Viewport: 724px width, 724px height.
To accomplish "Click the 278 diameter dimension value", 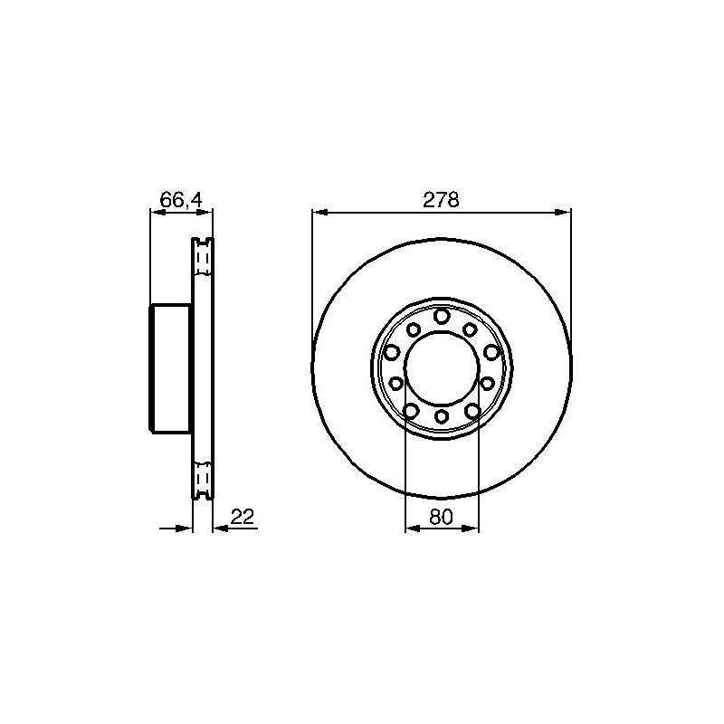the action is pos(441,200).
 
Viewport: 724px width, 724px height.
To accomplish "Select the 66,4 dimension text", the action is pos(181,200).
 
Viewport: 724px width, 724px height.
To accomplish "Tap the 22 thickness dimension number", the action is pos(243,517).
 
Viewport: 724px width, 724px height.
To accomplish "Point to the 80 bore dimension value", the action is pos(442,517).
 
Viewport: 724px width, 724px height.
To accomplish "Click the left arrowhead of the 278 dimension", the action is pos(320,212).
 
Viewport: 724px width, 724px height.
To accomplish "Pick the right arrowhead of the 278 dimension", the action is pos(563,212).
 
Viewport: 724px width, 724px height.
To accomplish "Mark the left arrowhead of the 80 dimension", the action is pos(413,529).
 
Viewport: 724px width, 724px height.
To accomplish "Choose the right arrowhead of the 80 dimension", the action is pos(471,529).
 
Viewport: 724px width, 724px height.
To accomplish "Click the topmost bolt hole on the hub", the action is pos(442,316).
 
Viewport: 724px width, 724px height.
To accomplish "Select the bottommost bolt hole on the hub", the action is pos(442,416).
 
